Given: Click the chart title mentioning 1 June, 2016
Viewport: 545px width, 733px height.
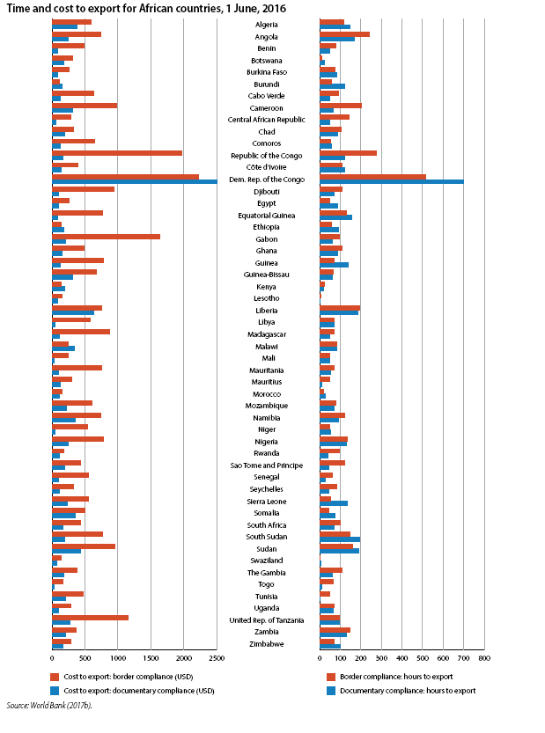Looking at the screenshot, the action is coord(146,9).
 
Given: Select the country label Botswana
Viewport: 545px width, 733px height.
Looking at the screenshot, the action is coord(266,61).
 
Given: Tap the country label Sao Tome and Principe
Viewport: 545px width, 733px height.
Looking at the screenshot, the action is coord(266,465).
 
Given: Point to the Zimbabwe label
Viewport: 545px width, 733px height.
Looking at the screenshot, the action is coord(266,644).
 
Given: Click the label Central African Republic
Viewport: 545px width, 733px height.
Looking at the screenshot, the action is coord(266,120).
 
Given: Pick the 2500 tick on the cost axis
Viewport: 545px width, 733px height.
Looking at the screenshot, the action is coord(217,658).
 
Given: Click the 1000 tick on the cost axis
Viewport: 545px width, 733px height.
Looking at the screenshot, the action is coord(118,658).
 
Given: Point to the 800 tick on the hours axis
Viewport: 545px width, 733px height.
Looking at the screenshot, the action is coord(484,658).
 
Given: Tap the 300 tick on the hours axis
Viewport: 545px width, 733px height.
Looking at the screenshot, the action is coord(381,658).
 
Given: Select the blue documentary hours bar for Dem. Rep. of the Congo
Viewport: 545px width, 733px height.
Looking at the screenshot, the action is coord(392,181).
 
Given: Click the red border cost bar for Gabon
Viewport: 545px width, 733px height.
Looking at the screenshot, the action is coord(107,237).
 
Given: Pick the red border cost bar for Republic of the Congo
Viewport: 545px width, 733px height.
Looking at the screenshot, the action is coord(117,153).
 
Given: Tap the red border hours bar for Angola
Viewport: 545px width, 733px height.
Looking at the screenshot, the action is coord(345,34).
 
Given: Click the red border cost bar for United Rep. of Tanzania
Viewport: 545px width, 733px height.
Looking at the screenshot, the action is coord(91,618).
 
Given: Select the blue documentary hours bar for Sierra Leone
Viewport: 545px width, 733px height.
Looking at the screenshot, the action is coord(334,503).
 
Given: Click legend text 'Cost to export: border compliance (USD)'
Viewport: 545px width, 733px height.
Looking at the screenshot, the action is coord(129,677).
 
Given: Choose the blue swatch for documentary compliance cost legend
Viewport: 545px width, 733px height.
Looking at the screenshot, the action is coord(55,691).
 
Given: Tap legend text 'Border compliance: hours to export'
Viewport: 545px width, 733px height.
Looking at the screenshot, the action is coord(396,677).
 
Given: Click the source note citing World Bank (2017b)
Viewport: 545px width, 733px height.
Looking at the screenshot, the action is coord(49,706).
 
